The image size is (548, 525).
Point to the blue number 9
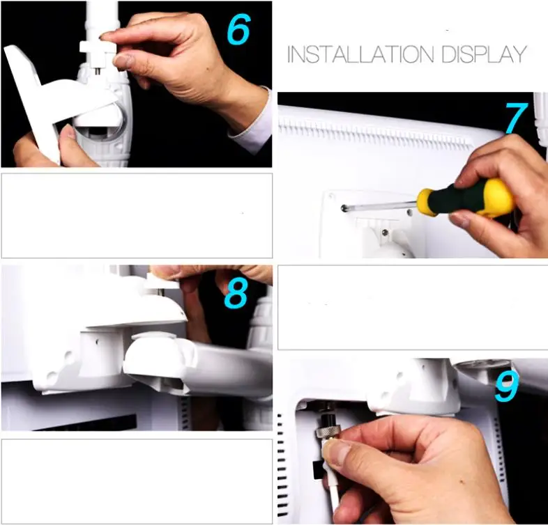507,387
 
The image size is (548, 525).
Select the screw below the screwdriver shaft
384,233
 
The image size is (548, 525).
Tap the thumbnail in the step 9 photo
338,454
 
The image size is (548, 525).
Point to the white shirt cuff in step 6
255,125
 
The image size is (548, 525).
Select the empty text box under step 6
137,216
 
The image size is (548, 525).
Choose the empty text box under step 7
412,307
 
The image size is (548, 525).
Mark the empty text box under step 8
137,480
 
